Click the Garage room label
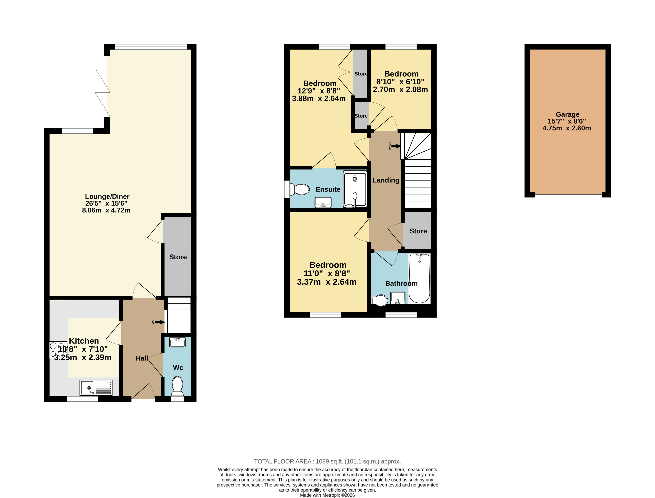(567, 114)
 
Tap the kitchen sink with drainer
(96, 387)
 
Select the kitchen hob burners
(58, 350)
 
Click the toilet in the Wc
(177, 386)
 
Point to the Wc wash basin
(177, 342)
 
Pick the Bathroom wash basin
(398, 298)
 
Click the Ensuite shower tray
(355, 189)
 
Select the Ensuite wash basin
(323, 202)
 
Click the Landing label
(386, 180)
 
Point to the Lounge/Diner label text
(107, 197)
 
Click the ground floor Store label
(178, 257)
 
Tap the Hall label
(142, 358)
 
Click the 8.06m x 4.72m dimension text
(106, 210)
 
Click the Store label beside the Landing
(418, 231)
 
